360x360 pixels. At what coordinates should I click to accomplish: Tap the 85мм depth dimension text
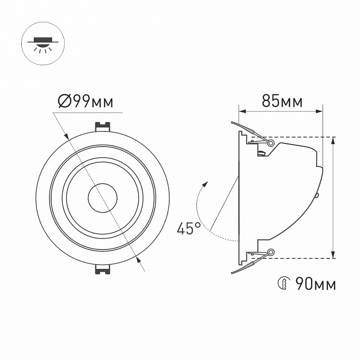pyautogui.click(x=282, y=101)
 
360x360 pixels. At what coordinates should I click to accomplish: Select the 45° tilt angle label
pyautogui.click(x=189, y=228)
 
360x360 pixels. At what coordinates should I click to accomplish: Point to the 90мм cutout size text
pyautogui.click(x=316, y=284)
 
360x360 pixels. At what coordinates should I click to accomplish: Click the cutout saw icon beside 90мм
pyautogui.click(x=284, y=284)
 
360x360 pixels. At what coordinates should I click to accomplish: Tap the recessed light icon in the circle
pyautogui.click(x=43, y=43)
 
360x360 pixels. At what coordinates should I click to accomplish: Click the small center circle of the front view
pyautogui.click(x=103, y=198)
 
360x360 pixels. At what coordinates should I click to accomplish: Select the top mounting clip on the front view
pyautogui.click(x=103, y=127)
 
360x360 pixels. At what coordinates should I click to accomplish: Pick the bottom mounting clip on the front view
pyautogui.click(x=103, y=269)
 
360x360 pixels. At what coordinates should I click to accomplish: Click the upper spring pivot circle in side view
pyautogui.click(x=271, y=143)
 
